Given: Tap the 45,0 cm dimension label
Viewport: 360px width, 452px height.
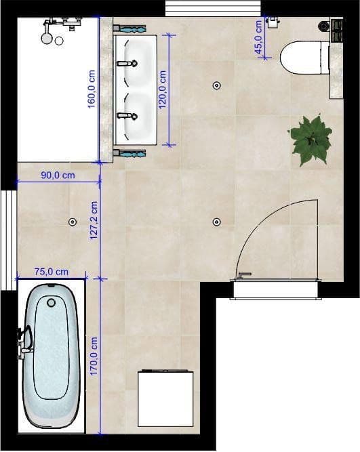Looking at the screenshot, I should [258, 37].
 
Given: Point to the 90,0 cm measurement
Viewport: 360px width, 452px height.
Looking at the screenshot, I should [58, 176].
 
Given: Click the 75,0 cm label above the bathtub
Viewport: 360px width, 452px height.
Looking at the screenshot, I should [52, 271].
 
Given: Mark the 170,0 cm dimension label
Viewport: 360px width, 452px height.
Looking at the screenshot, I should [94, 357].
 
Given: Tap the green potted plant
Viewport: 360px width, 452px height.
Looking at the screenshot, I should [311, 139].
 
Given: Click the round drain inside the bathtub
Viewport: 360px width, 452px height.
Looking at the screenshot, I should [50, 303].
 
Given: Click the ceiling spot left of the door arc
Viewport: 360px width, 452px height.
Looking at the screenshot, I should [216, 222].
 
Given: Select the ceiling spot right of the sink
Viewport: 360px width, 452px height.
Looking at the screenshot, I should [216, 85].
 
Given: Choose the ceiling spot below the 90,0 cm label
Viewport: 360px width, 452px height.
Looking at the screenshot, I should [72, 222].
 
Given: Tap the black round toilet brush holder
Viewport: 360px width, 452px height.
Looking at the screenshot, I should [323, 26].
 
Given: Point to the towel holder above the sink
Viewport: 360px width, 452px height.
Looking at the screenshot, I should [129, 28].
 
